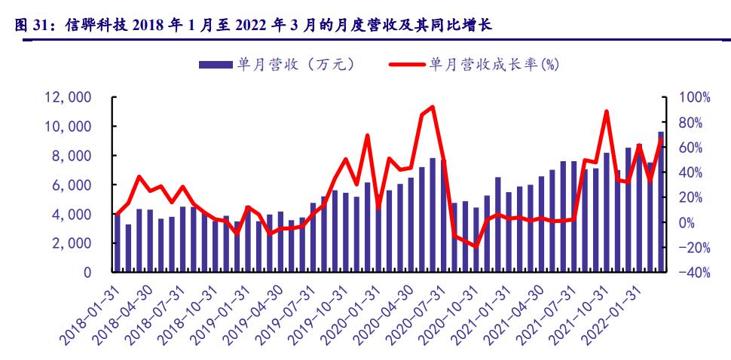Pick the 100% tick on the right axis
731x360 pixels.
click(694, 97)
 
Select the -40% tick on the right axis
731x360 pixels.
click(694, 273)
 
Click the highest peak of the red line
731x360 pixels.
click(431, 107)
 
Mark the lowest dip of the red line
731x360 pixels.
click(475, 246)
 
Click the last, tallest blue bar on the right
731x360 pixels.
click(661, 202)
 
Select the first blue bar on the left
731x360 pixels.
click(117, 243)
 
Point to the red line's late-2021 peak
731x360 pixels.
click(607, 111)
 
